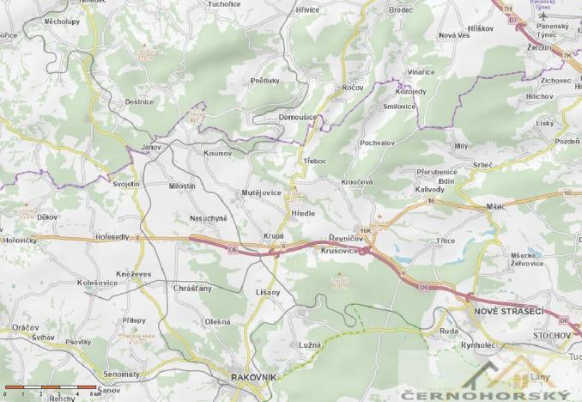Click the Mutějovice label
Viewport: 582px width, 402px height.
coord(262,193)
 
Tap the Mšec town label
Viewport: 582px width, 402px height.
coord(496,206)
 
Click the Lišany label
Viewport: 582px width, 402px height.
coord(268,293)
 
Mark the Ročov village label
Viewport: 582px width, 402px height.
coord(352,88)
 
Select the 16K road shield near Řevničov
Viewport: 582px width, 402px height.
coord(367,230)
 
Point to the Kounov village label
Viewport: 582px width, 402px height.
coord(218,152)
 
